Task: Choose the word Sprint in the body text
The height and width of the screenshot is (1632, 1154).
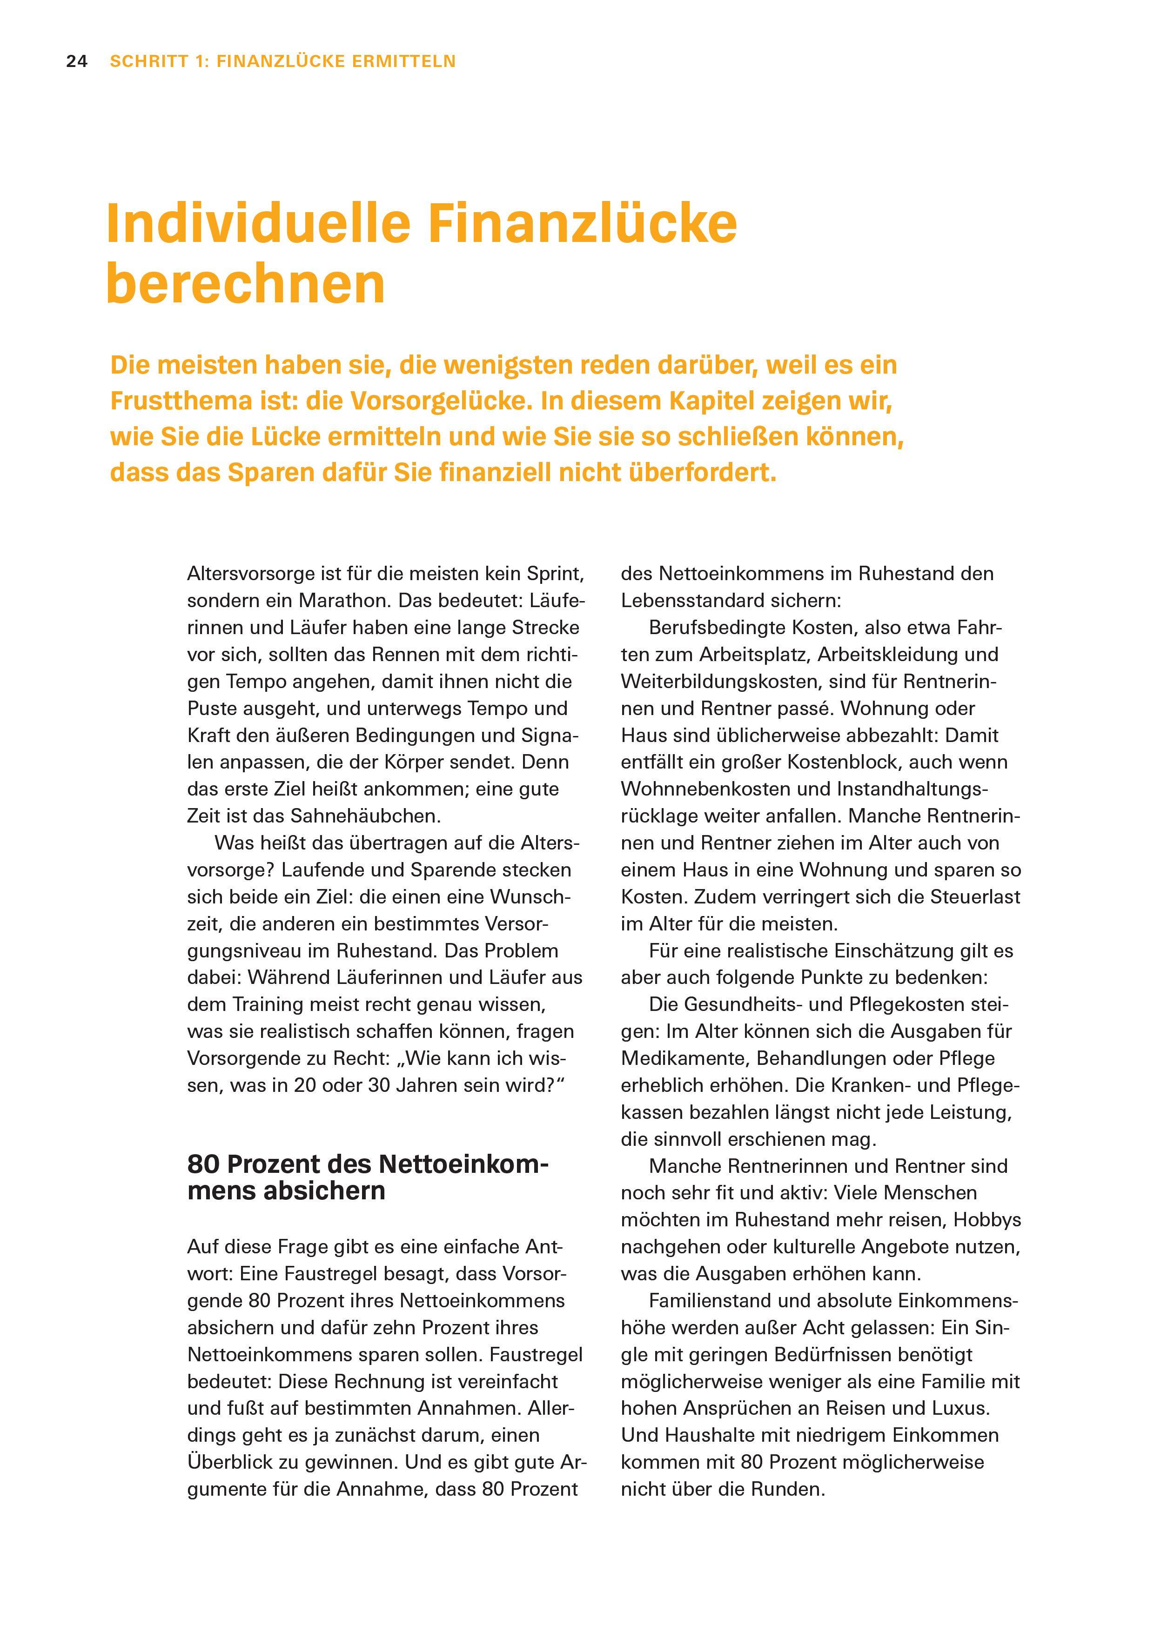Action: [555, 574]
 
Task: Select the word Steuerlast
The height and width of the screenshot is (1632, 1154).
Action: [975, 896]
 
